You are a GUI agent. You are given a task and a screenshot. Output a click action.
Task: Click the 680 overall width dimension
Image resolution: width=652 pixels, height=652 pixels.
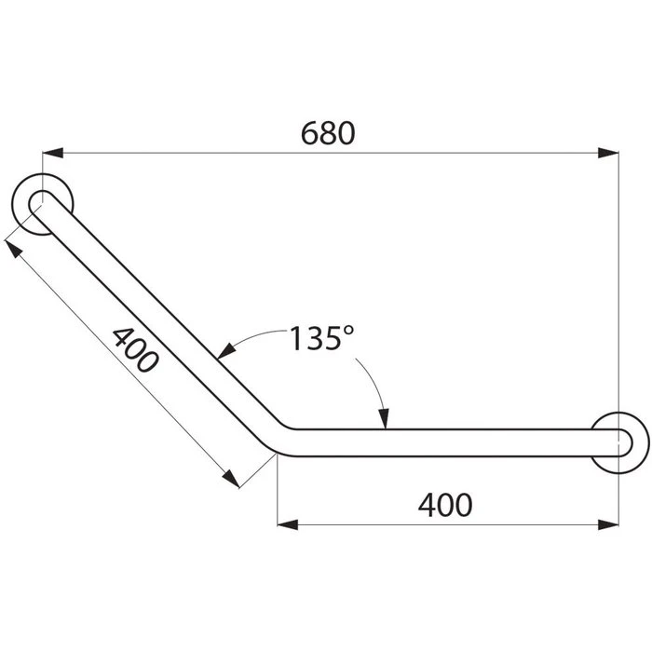coord(328,133)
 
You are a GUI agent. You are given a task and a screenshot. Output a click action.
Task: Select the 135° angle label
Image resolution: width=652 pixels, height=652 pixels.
coord(316,338)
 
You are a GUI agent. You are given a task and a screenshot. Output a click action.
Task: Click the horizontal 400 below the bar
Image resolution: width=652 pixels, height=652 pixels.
coord(445,504)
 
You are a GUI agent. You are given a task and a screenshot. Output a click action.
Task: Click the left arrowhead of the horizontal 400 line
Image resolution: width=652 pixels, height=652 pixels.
coord(289,524)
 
